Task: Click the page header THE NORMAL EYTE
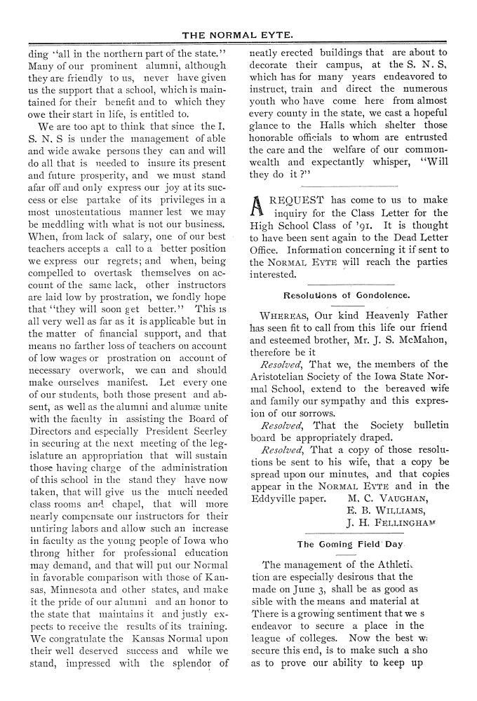[x=238, y=34]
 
